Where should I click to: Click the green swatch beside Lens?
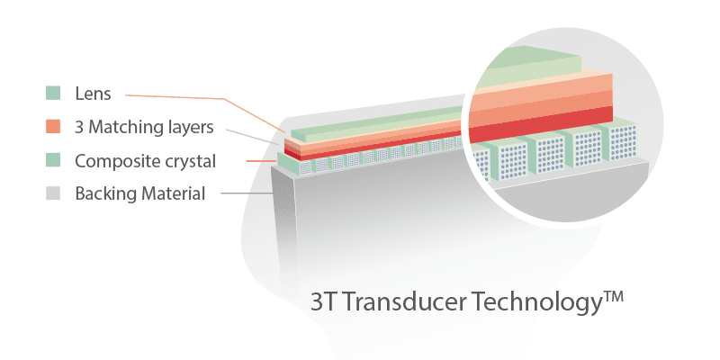coord(53,93)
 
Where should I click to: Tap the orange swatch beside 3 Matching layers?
coord(53,126)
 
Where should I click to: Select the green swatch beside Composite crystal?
coord(53,160)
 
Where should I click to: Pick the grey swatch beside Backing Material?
coord(53,193)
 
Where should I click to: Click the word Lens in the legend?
coord(94,94)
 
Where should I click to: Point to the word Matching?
coord(124,127)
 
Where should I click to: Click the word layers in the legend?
coord(189,127)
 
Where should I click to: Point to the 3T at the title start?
coord(325,302)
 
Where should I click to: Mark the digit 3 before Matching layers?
coord(79,128)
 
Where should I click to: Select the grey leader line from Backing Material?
coord(247,193)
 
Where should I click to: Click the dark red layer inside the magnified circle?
coord(541,124)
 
